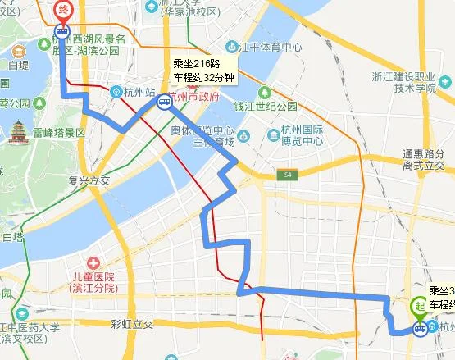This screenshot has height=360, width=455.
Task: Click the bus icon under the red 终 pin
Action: click(62, 32)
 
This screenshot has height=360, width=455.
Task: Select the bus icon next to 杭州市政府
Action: click(165, 103)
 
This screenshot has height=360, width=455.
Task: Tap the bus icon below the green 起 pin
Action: click(419, 330)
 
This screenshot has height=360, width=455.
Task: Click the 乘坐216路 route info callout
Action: click(204, 70)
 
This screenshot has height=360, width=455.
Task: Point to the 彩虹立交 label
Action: click(132, 324)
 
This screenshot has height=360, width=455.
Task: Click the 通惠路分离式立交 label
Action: click(423, 159)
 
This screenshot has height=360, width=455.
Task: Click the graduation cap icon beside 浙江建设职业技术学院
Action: click(447, 81)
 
